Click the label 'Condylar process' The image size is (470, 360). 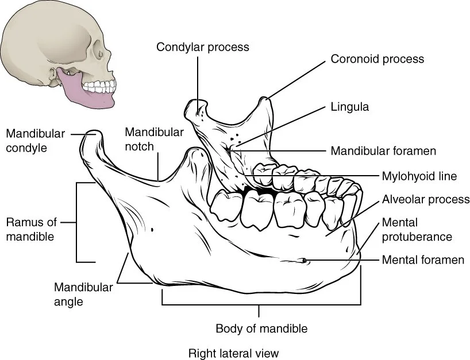203,47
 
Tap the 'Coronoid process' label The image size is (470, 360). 377,59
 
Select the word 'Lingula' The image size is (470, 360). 349,106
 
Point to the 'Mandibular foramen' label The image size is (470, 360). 383,151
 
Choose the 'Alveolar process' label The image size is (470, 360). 426,199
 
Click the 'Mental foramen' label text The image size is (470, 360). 423,260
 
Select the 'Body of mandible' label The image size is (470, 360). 261,329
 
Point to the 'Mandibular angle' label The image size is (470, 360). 83,294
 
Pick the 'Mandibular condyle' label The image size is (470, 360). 34,140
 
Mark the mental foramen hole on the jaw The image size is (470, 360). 304,262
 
